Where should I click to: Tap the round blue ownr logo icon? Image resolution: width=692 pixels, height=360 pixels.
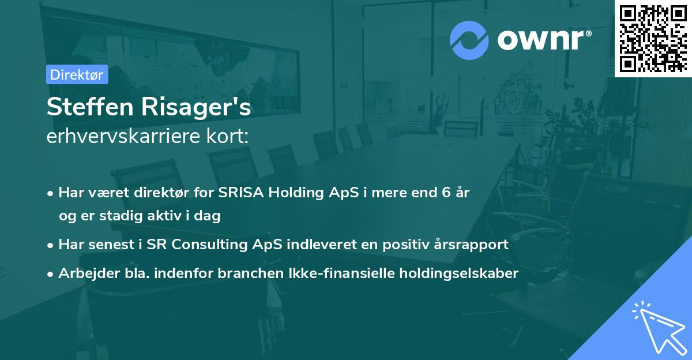tap(469, 40)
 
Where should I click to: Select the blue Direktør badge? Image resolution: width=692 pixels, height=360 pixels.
tap(77, 74)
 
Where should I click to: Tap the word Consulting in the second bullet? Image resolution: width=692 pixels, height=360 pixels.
tap(226, 245)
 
